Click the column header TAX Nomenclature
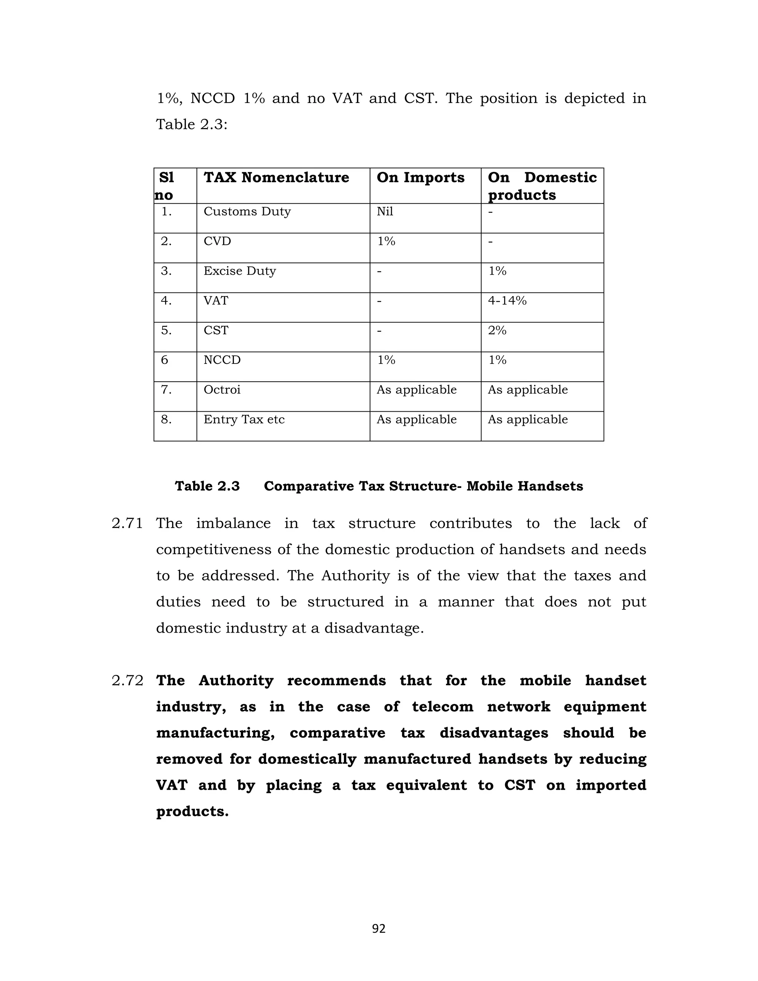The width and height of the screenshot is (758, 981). (276, 177)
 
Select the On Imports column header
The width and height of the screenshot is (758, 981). (420, 177)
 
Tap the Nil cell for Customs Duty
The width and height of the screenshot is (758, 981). (385, 211)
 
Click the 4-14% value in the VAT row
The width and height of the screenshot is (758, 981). (507, 301)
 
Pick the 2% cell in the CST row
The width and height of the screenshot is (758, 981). (497, 331)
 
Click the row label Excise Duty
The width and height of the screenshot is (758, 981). (239, 271)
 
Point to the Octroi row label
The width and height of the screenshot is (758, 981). (222, 389)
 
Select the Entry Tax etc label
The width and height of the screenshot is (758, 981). (244, 419)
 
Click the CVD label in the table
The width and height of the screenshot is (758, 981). (217, 241)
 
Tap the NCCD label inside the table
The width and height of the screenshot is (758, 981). (222, 360)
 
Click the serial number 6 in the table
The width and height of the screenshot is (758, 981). (164, 360)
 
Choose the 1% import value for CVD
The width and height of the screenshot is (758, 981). (386, 241)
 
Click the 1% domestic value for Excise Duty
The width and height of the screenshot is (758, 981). (497, 271)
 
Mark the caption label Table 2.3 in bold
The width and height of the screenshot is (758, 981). (207, 486)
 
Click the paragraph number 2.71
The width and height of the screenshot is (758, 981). (127, 523)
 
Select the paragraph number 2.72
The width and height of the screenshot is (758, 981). (127, 680)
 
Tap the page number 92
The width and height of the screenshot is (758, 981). (379, 928)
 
